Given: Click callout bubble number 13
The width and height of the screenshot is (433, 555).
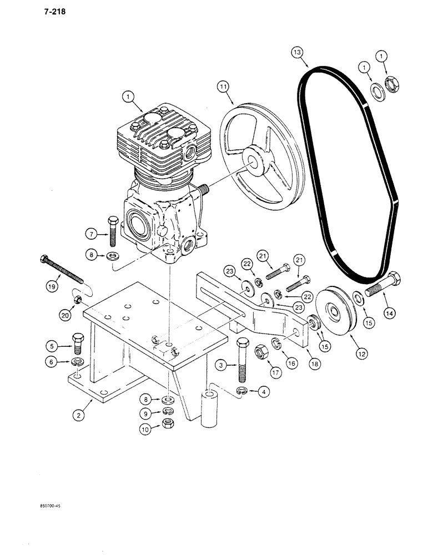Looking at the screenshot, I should tap(298, 53).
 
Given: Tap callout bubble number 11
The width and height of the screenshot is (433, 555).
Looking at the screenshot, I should tap(223, 87).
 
